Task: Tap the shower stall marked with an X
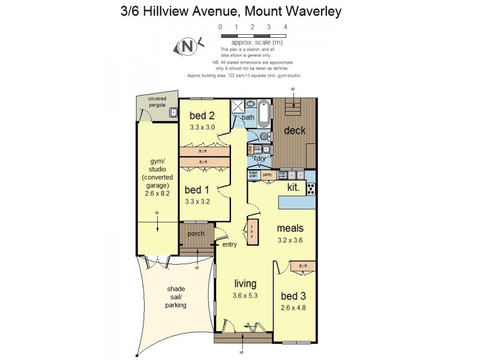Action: (x=238, y=106)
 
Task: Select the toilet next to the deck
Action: (x=266, y=137)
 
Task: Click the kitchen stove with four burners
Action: (x=311, y=189)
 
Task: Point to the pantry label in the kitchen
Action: (x=268, y=175)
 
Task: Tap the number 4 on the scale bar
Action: (x=285, y=27)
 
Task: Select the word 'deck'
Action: (x=295, y=131)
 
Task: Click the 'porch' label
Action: (x=196, y=233)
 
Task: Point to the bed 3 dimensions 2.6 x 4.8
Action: (x=297, y=308)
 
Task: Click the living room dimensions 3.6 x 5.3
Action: (x=246, y=295)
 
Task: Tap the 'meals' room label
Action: (x=290, y=228)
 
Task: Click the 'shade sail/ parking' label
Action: (x=176, y=296)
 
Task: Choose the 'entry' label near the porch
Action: (x=229, y=244)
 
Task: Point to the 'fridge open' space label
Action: (x=253, y=175)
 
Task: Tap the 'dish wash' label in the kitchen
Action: (x=283, y=175)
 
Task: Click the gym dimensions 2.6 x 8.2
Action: (x=158, y=194)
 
